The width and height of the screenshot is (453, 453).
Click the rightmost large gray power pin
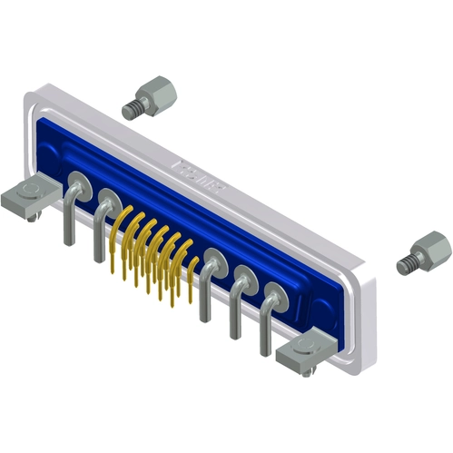click(x=264, y=327)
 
